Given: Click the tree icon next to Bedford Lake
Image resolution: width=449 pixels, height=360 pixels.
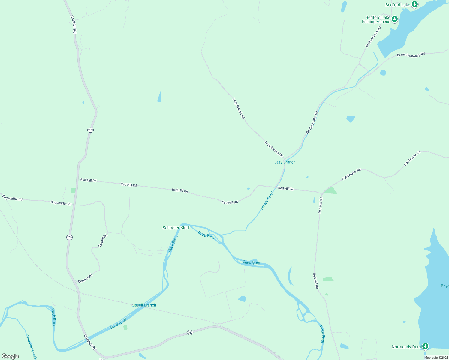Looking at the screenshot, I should click(x=415, y=4).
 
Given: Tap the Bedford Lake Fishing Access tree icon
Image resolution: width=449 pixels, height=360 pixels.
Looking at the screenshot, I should click(x=395, y=19).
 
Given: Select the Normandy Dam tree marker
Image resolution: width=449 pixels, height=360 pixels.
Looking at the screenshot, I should click(x=425, y=346).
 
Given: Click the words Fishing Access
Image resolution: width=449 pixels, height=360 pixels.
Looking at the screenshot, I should click(x=376, y=22).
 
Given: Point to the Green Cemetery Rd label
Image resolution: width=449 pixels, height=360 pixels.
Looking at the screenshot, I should click(x=411, y=55).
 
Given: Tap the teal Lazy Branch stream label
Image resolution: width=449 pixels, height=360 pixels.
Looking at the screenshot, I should click(x=285, y=162).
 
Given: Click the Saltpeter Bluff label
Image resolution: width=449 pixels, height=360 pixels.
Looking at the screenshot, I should click(x=176, y=228).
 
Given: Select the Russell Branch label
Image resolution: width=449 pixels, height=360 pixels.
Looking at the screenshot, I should click(x=143, y=305).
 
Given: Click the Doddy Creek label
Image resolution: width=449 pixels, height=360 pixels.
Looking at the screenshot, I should click(x=267, y=200).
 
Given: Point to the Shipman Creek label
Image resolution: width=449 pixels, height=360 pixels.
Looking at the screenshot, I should click(x=31, y=347).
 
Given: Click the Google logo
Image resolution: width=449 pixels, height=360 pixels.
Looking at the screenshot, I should click(x=10, y=356).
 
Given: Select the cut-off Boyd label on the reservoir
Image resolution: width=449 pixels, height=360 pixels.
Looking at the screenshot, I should click(x=444, y=286).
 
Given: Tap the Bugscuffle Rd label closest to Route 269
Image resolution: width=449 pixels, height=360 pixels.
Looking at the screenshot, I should click(x=61, y=203).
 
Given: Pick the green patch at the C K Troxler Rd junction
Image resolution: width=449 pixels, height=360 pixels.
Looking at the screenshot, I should click(x=330, y=190).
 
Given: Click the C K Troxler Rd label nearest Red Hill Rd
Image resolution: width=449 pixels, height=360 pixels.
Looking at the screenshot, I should click(x=351, y=174).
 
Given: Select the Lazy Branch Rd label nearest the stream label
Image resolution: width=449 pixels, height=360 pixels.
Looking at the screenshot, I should click(x=274, y=149).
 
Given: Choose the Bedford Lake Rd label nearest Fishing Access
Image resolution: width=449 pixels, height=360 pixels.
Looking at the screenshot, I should click(x=373, y=37).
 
